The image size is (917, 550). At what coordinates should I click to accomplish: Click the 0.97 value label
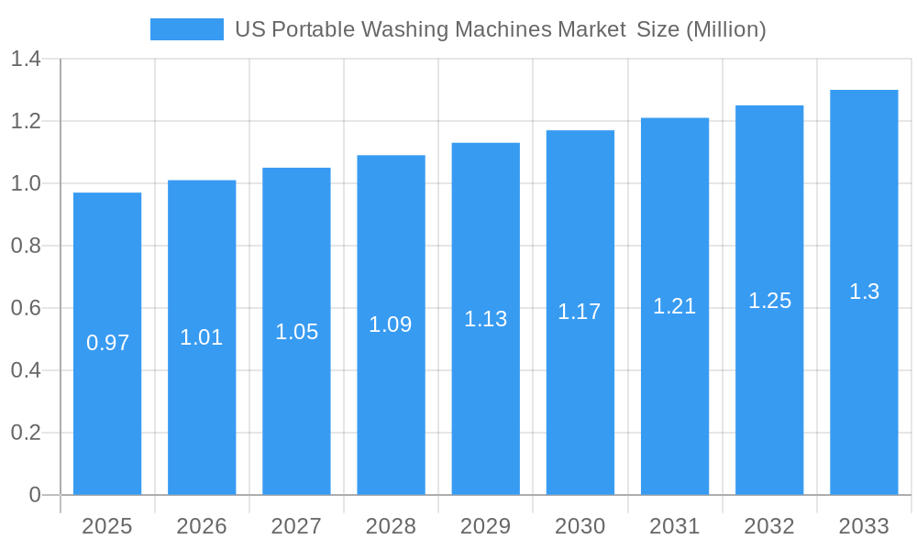pos(107,343)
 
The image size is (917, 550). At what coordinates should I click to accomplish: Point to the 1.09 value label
pos(391,324)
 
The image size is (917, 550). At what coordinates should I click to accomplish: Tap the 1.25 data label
pos(769,301)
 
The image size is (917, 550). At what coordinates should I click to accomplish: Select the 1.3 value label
pos(864,291)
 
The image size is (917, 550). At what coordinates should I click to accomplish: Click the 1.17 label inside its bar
pos(580,312)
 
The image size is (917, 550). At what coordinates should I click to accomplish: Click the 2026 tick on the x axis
pos(202,526)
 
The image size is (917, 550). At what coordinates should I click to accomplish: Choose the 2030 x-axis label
pos(580,526)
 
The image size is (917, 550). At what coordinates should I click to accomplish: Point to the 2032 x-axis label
pos(769,526)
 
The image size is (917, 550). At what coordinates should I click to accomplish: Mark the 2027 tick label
pos(296,526)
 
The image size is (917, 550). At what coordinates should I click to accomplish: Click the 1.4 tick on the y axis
pos(26,60)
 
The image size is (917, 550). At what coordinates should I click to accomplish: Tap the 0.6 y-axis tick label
pos(26,308)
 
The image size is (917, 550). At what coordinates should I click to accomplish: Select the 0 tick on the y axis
pos(35,495)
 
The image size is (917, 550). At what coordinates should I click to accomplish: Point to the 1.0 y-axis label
pos(26,183)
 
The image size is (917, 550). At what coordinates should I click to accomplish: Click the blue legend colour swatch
pos(187,29)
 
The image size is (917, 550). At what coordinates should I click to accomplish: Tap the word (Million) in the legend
pos(725,29)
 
